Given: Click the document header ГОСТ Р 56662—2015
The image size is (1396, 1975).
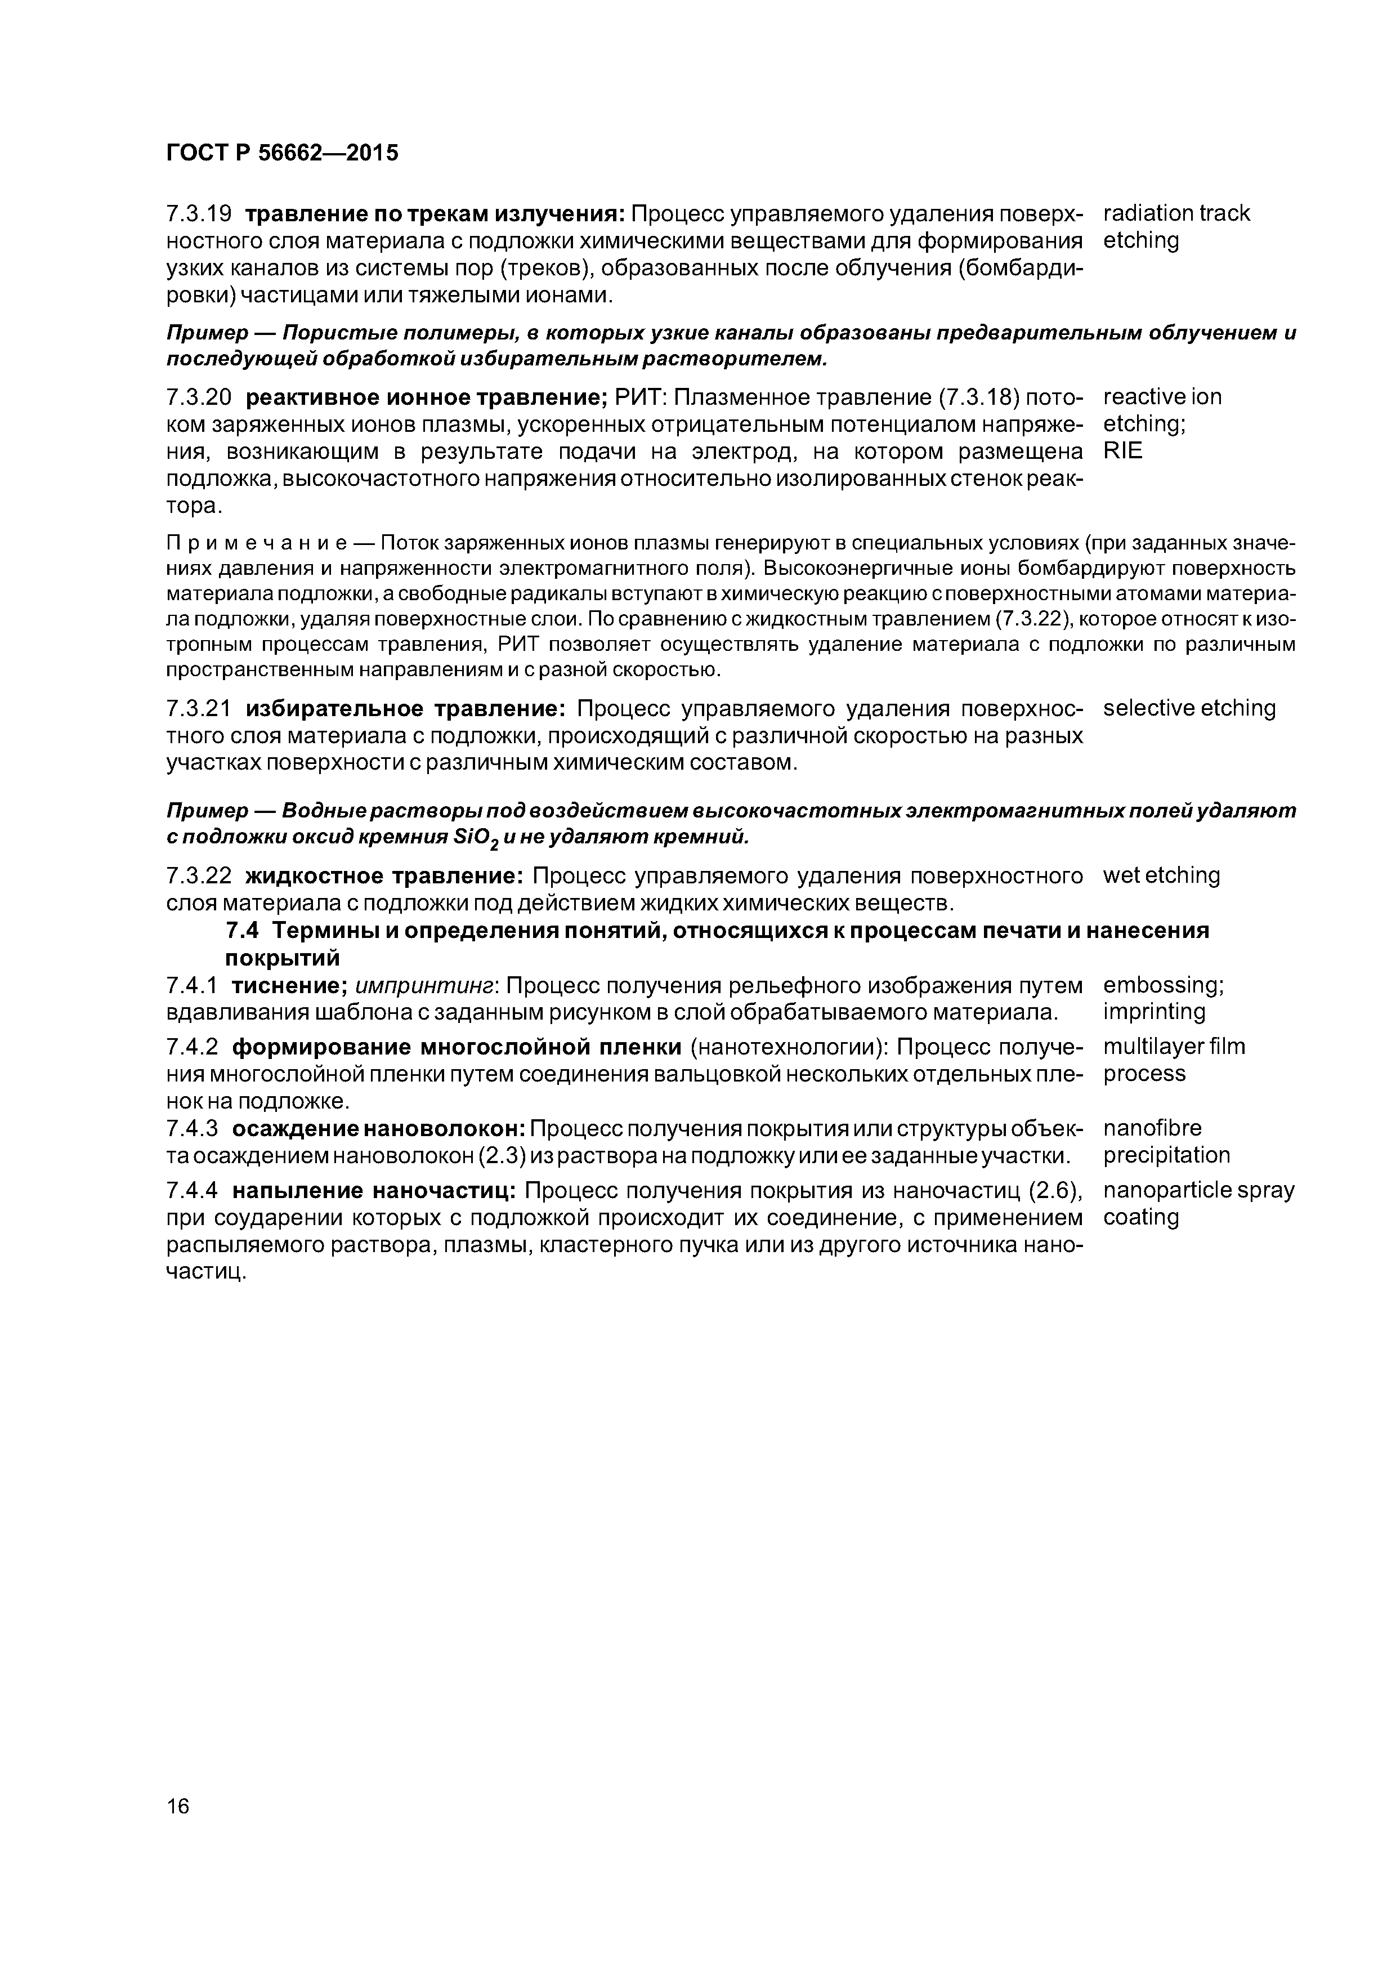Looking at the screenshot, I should tap(282, 153).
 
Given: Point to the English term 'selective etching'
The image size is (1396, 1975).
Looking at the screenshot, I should tap(1189, 708).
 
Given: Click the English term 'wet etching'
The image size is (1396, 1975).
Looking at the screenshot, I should tap(1161, 875).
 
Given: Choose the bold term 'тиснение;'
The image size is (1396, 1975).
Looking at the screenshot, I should tap(290, 985).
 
